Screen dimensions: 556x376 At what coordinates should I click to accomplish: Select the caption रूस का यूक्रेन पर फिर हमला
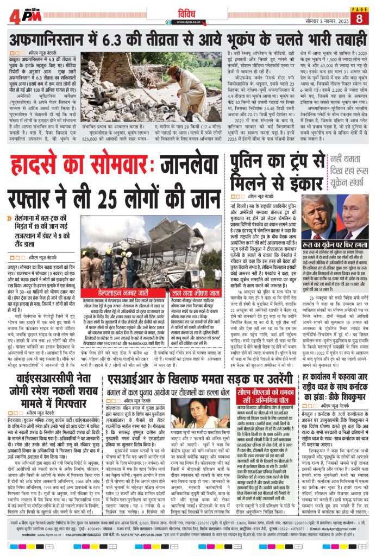pyautogui.click(x=333, y=245)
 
